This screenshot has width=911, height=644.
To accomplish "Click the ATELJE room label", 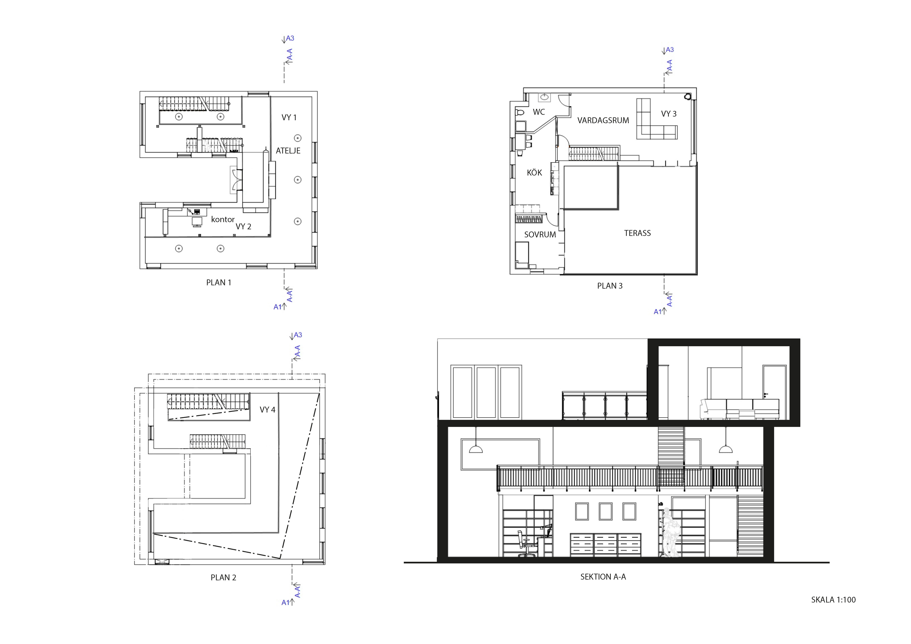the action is tap(288, 151).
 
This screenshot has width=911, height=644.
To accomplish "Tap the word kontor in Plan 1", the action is tap(223, 219).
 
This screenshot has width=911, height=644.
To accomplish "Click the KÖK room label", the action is tap(534, 173).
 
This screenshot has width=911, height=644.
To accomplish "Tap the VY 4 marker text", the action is tap(267, 410).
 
